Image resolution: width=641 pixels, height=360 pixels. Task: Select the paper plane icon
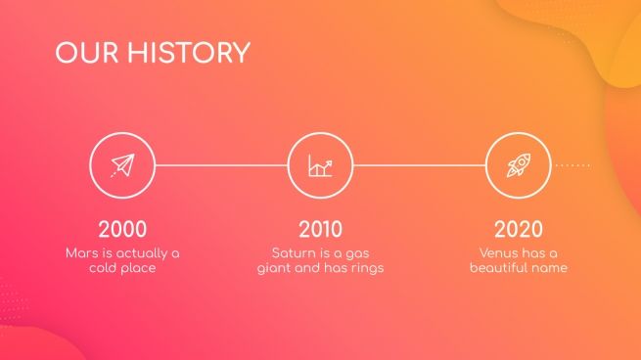(121, 165)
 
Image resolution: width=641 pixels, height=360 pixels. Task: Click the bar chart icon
(320, 165)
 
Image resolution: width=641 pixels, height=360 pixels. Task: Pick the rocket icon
(519, 165)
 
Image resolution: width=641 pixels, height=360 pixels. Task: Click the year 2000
(122, 230)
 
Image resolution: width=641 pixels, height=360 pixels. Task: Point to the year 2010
(321, 230)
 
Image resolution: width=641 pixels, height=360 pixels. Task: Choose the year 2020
(519, 230)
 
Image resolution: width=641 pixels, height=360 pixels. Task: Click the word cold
(105, 268)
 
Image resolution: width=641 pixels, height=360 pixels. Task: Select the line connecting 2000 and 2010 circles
(221, 165)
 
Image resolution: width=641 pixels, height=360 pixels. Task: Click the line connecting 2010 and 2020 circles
(420, 165)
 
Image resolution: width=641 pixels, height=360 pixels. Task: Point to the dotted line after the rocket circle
(572, 165)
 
